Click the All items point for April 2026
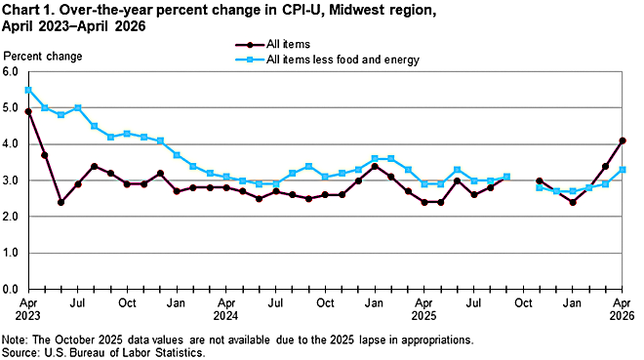pyautogui.click(x=623, y=140)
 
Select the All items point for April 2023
pyautogui.click(x=28, y=111)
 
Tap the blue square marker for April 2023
pyautogui.click(x=28, y=90)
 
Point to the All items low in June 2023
pyautogui.click(x=60, y=202)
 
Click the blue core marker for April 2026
pyautogui.click(x=623, y=170)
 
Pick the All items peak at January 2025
pyautogui.click(x=375, y=166)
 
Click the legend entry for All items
pyautogui.click(x=273, y=44)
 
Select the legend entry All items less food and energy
pyautogui.click(x=327, y=60)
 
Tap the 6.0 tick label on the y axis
pyautogui.click(x=11, y=72)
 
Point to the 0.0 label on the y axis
pyautogui.click(x=11, y=289)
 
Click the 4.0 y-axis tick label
pyautogui.click(x=11, y=144)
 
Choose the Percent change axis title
pyautogui.click(x=43, y=57)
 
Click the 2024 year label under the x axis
pyautogui.click(x=225, y=316)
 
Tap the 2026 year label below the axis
pyautogui.click(x=623, y=316)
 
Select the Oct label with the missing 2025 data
pyautogui.click(x=523, y=303)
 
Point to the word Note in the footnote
pyautogui.click(x=14, y=340)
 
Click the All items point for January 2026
pyautogui.click(x=573, y=202)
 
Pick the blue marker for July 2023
pyautogui.click(x=78, y=108)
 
